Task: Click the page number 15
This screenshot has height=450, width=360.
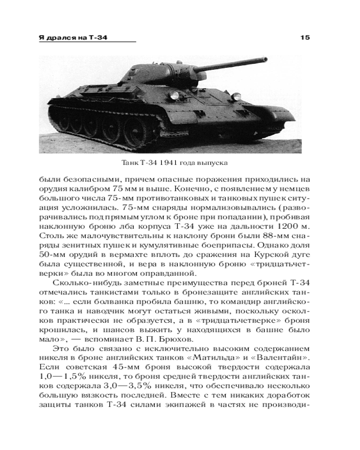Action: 305,37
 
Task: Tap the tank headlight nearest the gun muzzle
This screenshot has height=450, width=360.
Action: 235,96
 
